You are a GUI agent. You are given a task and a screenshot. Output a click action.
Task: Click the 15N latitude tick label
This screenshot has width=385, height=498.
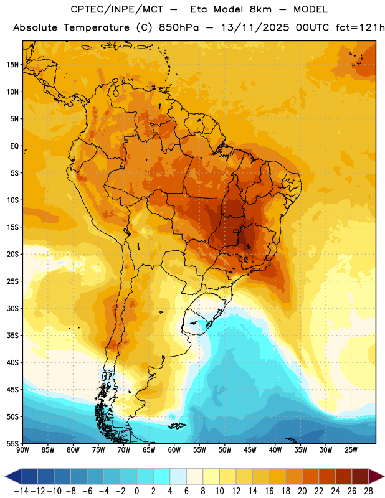tap(12, 65)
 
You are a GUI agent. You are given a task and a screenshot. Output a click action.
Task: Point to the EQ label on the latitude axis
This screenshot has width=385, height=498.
tap(14, 146)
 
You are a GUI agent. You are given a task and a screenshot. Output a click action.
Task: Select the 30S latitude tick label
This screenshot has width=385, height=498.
tap(12, 308)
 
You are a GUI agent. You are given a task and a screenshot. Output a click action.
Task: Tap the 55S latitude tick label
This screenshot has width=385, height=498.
tap(12, 444)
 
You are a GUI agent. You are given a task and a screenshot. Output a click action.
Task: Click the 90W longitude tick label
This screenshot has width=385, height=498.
tap(22, 450)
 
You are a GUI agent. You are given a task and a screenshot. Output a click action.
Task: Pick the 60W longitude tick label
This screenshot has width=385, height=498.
tap(174, 450)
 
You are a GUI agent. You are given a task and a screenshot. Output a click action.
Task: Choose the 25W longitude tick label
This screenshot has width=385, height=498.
tap(351, 450)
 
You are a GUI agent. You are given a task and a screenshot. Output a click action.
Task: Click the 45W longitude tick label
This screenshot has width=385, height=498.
tap(250, 450)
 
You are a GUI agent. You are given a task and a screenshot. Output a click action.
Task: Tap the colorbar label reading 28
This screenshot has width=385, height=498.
tap(368, 491)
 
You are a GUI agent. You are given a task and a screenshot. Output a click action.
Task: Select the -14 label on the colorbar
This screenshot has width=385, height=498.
tap(21, 491)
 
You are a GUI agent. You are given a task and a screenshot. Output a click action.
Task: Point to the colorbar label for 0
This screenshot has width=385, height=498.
tap(136, 491)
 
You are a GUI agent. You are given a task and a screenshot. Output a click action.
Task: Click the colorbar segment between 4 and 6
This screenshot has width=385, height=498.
tap(178, 476)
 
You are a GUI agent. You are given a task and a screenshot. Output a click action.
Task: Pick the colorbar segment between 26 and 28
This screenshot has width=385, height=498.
tap(360, 476)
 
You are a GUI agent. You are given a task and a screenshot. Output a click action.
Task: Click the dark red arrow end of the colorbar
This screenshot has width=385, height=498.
tap(376, 476)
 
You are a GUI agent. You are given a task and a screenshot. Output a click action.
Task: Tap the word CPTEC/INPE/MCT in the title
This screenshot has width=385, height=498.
tap(117, 9)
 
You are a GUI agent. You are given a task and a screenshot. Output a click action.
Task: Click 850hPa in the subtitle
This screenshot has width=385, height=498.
tap(179, 27)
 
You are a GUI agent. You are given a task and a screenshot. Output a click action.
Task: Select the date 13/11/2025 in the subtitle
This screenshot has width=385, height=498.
tap(255, 27)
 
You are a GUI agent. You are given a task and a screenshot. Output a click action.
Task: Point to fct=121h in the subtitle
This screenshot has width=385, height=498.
tap(360, 27)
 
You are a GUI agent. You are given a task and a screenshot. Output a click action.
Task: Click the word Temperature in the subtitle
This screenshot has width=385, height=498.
tap(97, 28)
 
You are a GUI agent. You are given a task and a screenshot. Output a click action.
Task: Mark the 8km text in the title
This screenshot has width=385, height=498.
tap(260, 9)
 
